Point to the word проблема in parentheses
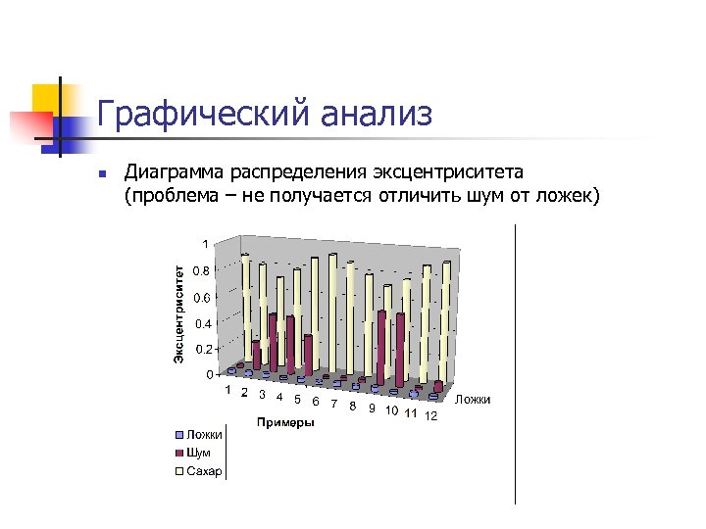(x=173, y=197)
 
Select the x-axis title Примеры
(x=284, y=423)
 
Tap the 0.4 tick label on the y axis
(x=202, y=322)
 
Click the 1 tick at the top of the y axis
(x=206, y=243)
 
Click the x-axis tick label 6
(x=315, y=401)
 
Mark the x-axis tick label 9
(x=372, y=409)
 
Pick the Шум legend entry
(x=198, y=453)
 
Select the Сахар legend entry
(x=204, y=471)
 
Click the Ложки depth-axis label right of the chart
(x=474, y=400)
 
